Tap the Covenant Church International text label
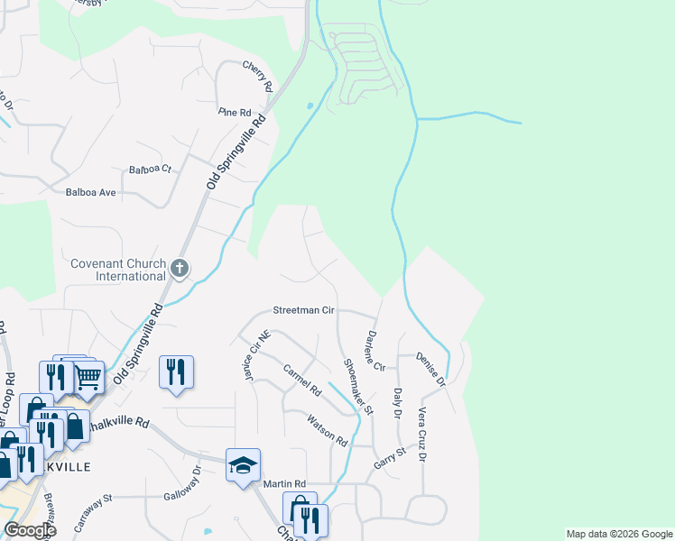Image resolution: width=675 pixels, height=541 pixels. click(x=118, y=270)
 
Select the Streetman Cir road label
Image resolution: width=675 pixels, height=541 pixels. click(x=304, y=310)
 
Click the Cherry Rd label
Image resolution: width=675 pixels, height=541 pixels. click(x=257, y=78)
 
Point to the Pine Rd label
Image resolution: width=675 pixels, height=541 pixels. click(x=234, y=112)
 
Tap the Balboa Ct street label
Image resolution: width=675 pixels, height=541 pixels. click(x=150, y=170)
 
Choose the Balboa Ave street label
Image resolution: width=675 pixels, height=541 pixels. click(x=91, y=192)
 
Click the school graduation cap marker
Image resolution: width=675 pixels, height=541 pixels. click(x=243, y=465)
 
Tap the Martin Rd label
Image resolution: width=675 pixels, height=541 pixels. click(x=285, y=484)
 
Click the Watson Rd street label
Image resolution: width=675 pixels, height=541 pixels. click(x=327, y=430)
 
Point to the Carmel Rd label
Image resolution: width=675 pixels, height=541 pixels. click(x=302, y=381)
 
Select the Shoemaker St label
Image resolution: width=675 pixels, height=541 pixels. click(x=357, y=386)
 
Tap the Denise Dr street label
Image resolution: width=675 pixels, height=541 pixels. click(x=431, y=370)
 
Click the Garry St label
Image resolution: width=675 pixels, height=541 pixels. click(x=390, y=462)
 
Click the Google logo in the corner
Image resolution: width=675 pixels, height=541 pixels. click(x=30, y=530)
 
